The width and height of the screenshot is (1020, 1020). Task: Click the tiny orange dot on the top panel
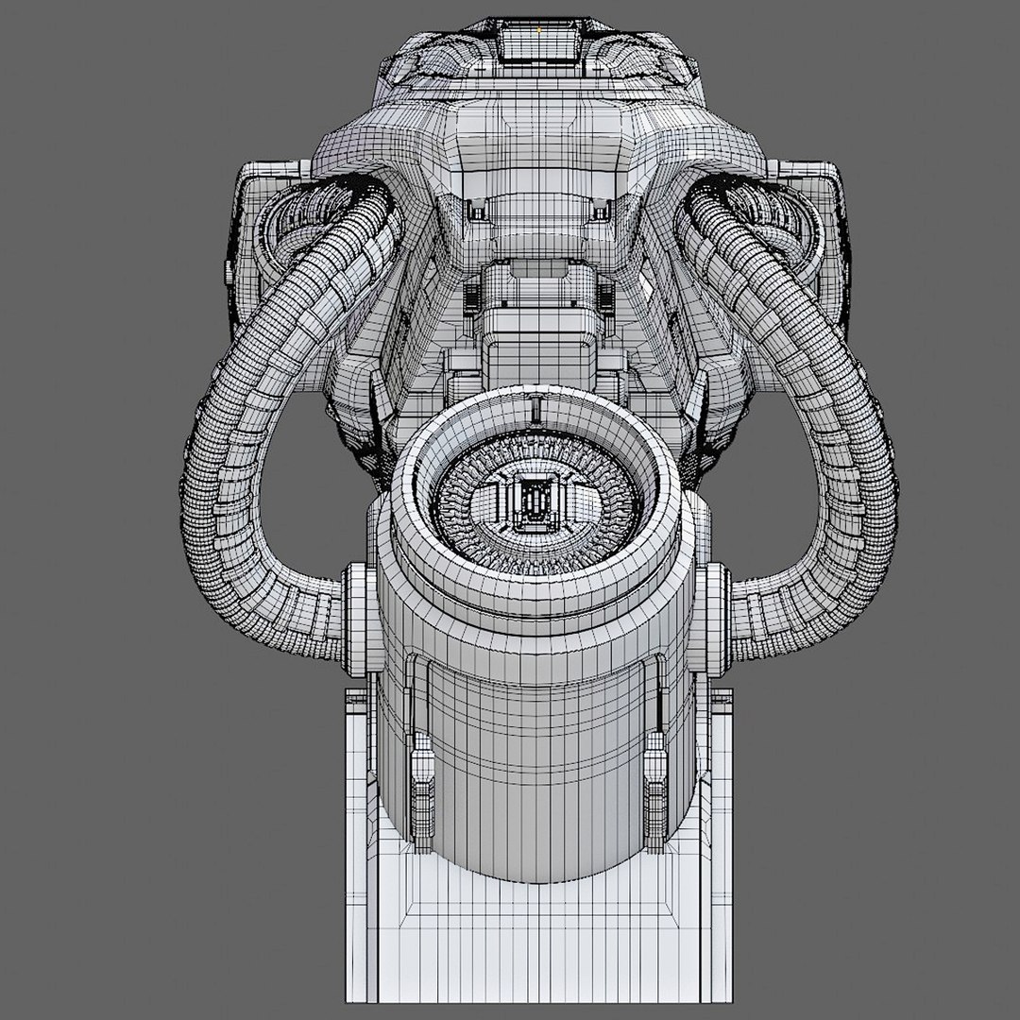coord(539,29)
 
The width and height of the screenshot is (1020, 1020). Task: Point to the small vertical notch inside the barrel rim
coord(535,409)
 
